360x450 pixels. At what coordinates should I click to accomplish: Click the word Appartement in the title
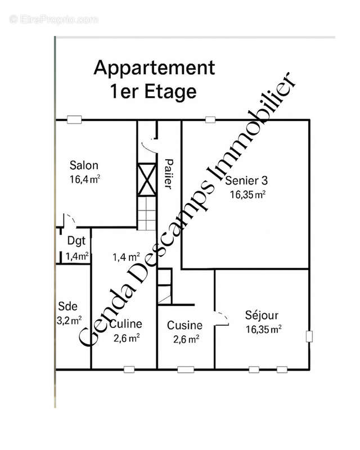154,68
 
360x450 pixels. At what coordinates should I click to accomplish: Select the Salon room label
84,165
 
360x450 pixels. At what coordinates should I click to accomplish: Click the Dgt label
76,241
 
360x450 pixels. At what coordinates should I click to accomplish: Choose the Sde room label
67,307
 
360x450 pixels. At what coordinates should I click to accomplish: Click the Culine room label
125,324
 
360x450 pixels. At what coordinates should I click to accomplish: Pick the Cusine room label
184,325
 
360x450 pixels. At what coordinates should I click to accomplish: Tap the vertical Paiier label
168,174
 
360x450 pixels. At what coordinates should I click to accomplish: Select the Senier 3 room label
246,181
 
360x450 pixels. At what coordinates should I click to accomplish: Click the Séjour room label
262,316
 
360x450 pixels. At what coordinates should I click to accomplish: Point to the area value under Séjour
263,330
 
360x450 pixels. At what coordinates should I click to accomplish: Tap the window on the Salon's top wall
73,119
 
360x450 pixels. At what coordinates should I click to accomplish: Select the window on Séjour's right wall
309,336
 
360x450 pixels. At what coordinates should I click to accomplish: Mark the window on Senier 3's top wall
210,119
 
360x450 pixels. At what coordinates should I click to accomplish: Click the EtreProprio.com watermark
54,19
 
